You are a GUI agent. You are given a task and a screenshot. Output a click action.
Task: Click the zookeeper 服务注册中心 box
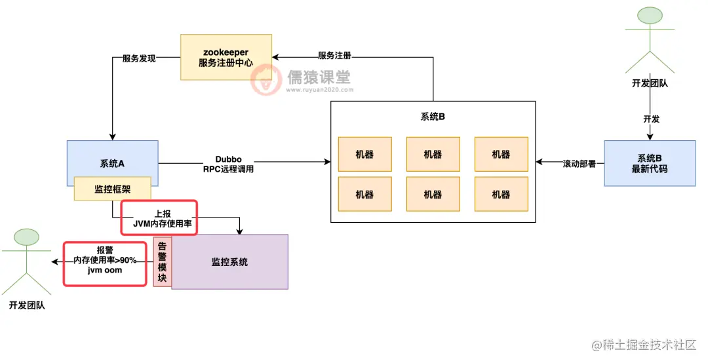tap(226, 58)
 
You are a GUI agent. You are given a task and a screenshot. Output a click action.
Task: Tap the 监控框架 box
tap(112, 189)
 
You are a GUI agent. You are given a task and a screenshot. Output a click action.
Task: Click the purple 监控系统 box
tap(229, 261)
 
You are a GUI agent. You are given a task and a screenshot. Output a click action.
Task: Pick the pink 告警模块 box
tap(162, 261)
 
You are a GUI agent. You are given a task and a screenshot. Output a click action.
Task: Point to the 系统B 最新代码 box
tap(649, 163)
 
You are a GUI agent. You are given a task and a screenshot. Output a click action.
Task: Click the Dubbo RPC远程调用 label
tap(228, 164)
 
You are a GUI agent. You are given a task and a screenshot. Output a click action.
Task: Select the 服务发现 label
tap(139, 58)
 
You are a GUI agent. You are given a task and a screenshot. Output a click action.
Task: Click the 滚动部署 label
tap(579, 163)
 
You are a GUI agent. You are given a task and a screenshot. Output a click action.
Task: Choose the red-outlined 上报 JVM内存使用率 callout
tap(158, 217)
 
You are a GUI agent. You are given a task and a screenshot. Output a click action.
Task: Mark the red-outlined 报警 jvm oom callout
tap(104, 263)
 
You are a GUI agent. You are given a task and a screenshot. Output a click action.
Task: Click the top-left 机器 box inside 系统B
tap(364, 154)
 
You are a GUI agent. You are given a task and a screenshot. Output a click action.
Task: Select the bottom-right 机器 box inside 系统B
tap(501, 194)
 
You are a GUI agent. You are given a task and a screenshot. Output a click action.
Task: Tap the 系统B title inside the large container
tap(433, 117)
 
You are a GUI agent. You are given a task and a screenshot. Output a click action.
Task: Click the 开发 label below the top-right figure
tap(650, 119)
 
